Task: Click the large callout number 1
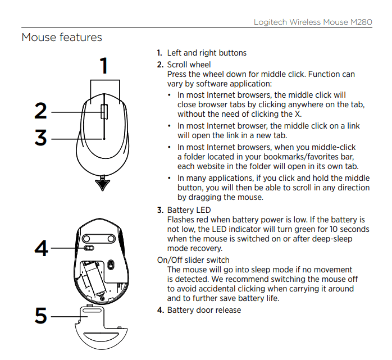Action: (104, 66)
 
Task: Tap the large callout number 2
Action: (40, 111)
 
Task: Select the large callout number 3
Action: (40, 137)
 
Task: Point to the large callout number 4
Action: (41, 248)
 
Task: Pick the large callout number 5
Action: (41, 315)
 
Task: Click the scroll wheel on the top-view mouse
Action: (104, 112)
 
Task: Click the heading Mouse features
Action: (62, 38)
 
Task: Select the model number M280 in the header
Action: (361, 22)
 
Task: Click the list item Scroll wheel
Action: (189, 65)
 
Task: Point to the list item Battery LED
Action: (189, 210)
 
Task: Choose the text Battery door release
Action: (204, 310)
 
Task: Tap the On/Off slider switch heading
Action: (193, 260)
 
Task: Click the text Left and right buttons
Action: (207, 53)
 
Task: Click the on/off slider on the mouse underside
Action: (89, 248)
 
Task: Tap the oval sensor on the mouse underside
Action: (111, 265)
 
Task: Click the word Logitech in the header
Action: (270, 22)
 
